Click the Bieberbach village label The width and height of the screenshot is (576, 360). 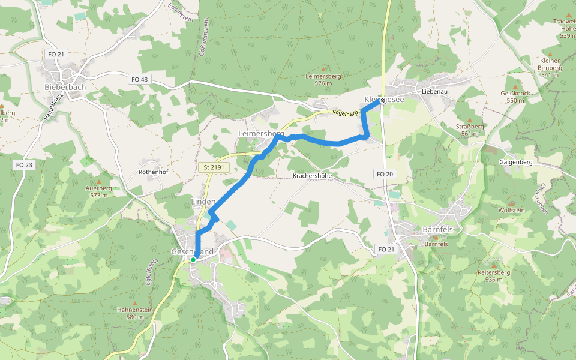pos(65,87)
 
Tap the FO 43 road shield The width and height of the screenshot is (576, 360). pos(139,79)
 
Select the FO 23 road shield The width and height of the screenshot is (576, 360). pos(25,164)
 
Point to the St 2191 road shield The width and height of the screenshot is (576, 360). pos(214,168)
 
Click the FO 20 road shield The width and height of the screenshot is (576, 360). pos(385,174)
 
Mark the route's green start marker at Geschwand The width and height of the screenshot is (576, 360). pos(193,260)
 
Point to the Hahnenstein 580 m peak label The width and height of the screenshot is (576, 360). pos(135,313)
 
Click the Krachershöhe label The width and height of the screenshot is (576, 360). pos(312,176)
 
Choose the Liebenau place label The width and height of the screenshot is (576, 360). pos(435,91)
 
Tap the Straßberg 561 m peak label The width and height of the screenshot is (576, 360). pos(470,130)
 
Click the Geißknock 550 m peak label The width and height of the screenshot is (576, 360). pos(515,97)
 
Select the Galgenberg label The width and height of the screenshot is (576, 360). pos(515,162)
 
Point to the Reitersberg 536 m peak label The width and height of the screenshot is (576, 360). pos(494,276)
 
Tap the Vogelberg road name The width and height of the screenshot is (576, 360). pos(344,113)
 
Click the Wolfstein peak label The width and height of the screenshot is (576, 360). pos(511,210)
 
